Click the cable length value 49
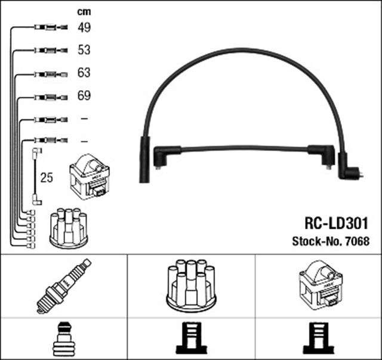pyautogui.click(x=84, y=27)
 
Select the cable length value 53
pyautogui.click(x=84, y=50)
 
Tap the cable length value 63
pyautogui.click(x=84, y=73)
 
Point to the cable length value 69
pyautogui.click(x=84, y=96)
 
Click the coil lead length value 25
pyautogui.click(x=46, y=177)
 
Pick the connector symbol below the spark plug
pyautogui.click(x=63, y=340)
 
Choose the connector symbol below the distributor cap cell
pyautogui.click(x=191, y=340)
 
